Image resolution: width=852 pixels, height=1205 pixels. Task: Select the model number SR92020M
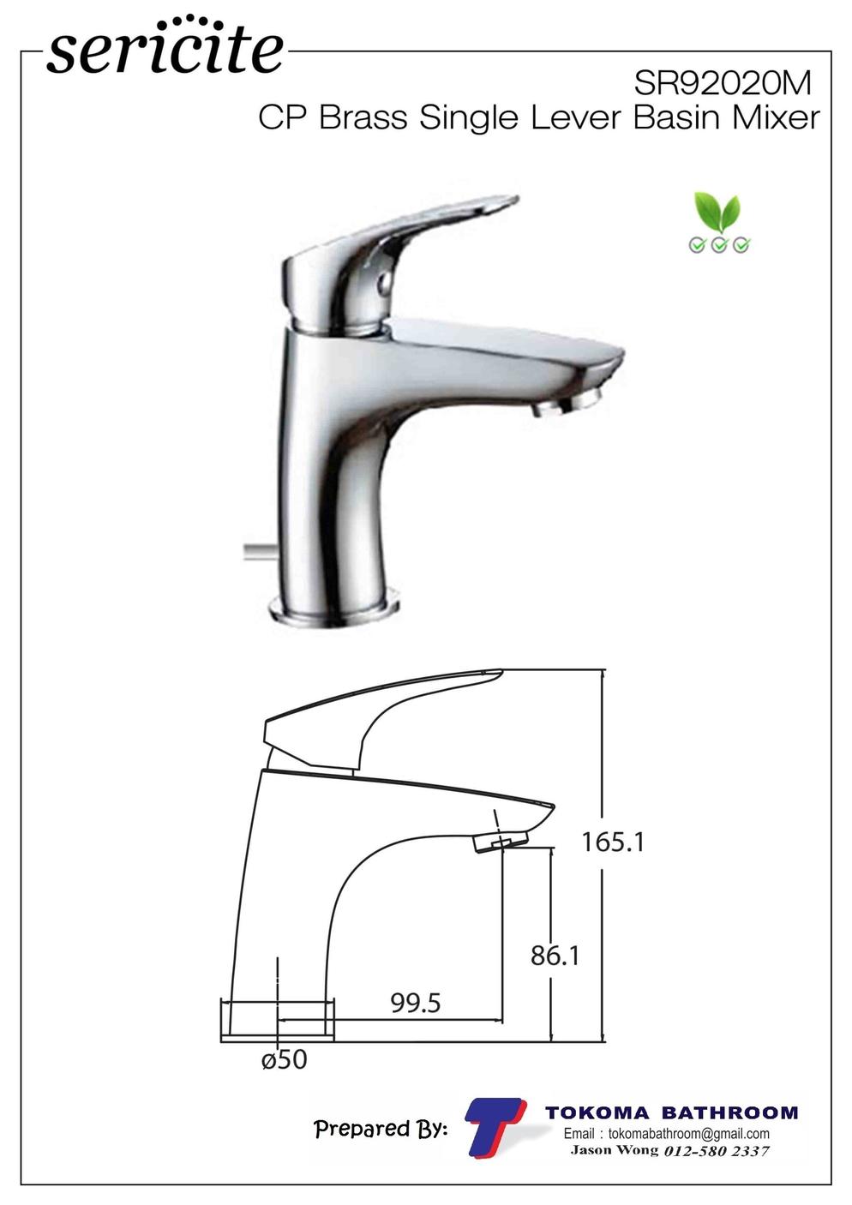pos(723,84)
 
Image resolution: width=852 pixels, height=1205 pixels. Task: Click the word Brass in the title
pos(363,117)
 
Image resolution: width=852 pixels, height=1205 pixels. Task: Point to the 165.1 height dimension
pos(613,842)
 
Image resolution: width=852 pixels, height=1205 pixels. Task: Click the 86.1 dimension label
pos(555,956)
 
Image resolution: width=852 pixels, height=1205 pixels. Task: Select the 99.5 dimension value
pos(416,1003)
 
